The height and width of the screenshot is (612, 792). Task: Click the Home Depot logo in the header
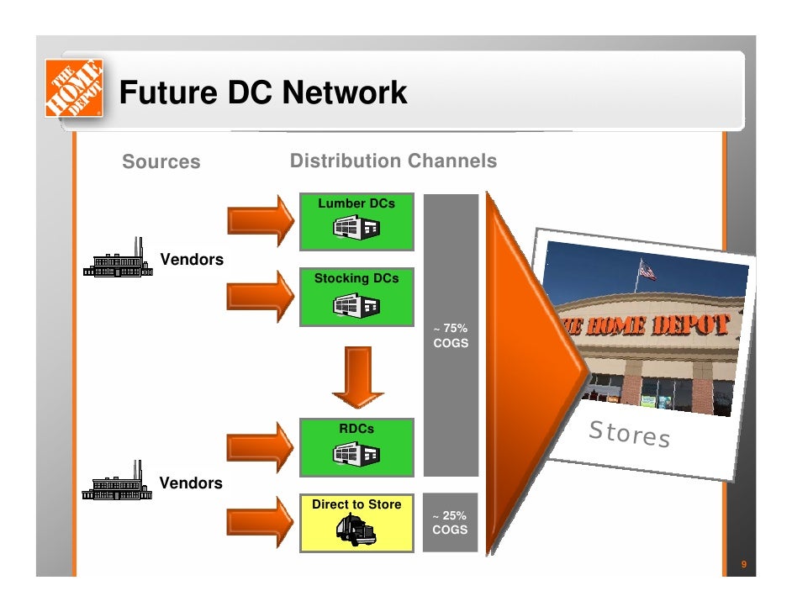click(x=73, y=87)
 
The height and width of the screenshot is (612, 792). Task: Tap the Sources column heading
click(x=161, y=161)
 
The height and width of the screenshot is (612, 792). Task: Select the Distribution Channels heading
click(x=393, y=161)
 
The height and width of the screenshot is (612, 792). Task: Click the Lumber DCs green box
click(x=356, y=221)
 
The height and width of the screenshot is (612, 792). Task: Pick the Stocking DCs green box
click(x=356, y=297)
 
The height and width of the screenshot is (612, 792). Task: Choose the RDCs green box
click(x=356, y=446)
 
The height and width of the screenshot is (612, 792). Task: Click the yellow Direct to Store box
click(x=356, y=522)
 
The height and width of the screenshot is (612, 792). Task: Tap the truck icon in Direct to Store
click(x=356, y=530)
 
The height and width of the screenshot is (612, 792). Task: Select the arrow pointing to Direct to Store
click(x=261, y=522)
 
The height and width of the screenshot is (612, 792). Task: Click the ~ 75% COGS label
click(x=451, y=335)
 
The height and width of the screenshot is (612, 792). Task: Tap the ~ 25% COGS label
click(x=450, y=523)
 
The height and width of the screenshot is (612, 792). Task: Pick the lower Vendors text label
click(x=192, y=483)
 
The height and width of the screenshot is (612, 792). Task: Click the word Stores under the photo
click(x=629, y=434)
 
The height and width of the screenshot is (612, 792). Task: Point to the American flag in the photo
click(x=646, y=270)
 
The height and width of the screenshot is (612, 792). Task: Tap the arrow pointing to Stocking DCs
click(x=261, y=297)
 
